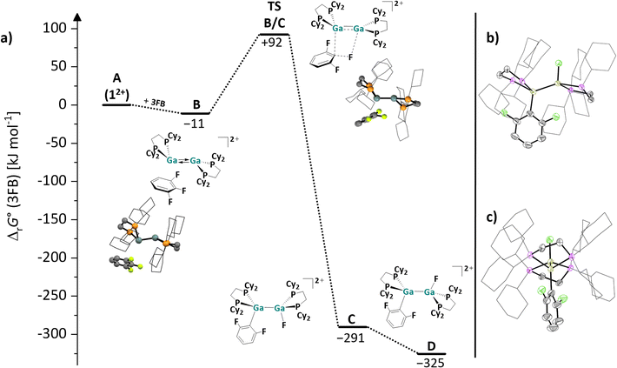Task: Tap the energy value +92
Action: [272, 43]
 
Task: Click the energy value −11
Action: [195, 124]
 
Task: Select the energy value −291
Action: [351, 338]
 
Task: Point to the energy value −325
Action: [431, 363]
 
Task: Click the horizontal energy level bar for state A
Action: [116, 104]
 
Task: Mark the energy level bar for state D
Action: [432, 353]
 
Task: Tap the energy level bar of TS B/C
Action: [275, 34]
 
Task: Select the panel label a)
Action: [7, 37]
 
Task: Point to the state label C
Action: [352, 319]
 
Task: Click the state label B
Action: [196, 104]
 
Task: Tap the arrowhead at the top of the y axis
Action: [78, 17]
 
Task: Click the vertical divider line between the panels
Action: [475, 184]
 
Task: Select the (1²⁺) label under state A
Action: [116, 95]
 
